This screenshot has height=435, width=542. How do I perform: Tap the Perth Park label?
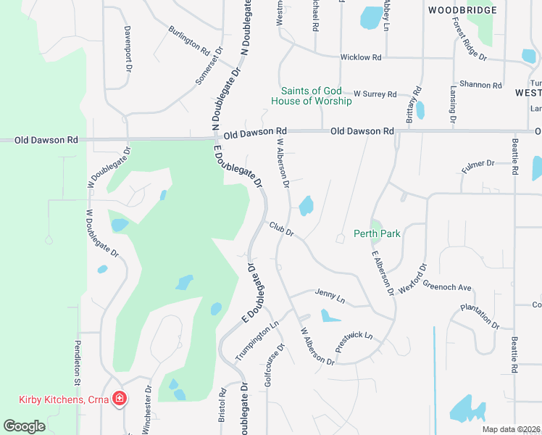[377, 233]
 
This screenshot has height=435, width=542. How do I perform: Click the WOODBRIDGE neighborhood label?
[462, 10]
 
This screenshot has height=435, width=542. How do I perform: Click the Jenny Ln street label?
[330, 296]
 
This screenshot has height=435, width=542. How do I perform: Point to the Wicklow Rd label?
[360, 57]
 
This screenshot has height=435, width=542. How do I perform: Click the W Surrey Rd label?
[375, 94]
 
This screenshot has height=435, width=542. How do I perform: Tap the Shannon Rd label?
[480, 85]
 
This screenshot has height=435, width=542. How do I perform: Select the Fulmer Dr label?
[478, 167]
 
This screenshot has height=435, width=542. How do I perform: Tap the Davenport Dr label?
[128, 50]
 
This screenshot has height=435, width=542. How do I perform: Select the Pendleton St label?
[76, 362]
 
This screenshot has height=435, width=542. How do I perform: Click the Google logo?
[25, 426]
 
